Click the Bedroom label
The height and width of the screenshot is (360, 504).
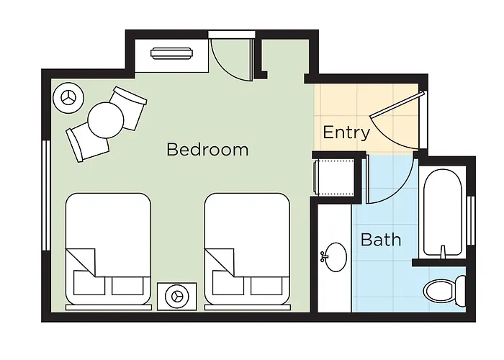tap(207, 150)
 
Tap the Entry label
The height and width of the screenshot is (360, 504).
tap(346, 132)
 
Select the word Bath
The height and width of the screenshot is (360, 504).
tap(381, 240)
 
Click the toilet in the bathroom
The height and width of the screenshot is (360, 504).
tap(444, 290)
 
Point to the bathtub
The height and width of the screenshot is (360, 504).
tap(443, 212)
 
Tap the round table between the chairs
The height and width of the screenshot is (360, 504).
tap(106, 120)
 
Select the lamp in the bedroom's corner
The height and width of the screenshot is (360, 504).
tap(68, 98)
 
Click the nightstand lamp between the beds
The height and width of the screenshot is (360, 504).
tap(176, 297)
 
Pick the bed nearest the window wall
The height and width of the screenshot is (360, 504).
tap(108, 249)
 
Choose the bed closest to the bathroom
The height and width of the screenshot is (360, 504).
tap(247, 249)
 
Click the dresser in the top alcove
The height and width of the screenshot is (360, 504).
tap(172, 53)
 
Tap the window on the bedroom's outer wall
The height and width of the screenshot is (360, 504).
tap(46, 195)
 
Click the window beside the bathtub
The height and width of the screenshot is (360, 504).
tap(471, 220)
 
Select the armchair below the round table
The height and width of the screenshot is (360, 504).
tap(86, 144)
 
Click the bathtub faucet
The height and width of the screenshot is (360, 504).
tap(443, 251)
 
